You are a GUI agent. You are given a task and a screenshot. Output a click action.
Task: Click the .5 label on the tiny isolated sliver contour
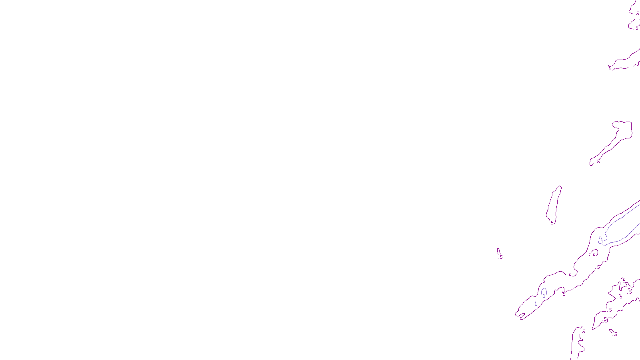(501, 257)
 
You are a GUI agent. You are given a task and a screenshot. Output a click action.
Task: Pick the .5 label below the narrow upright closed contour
(552, 223)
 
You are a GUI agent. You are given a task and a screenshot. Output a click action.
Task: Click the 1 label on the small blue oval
(544, 296)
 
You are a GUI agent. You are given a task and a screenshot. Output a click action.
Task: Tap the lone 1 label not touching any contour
(536, 304)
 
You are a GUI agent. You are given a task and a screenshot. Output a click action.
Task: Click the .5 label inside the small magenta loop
(594, 255)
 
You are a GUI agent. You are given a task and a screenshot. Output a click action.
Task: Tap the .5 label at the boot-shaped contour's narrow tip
(598, 162)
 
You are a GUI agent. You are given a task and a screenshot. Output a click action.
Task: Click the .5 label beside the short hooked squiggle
(616, 334)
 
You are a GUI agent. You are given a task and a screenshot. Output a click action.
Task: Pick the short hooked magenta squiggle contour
(611, 331)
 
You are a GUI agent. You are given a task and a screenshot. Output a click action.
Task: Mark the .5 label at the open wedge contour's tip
(610, 68)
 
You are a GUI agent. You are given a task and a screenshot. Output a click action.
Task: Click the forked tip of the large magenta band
(520, 315)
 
